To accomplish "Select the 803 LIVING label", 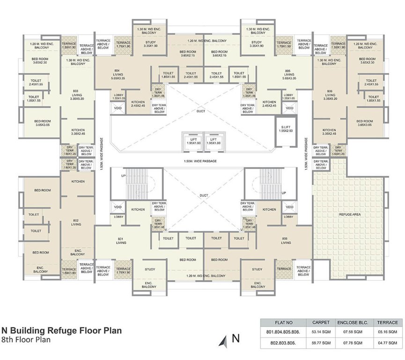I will point(75,95).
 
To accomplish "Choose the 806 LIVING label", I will point(329,95).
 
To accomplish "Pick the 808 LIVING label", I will point(286,241).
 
